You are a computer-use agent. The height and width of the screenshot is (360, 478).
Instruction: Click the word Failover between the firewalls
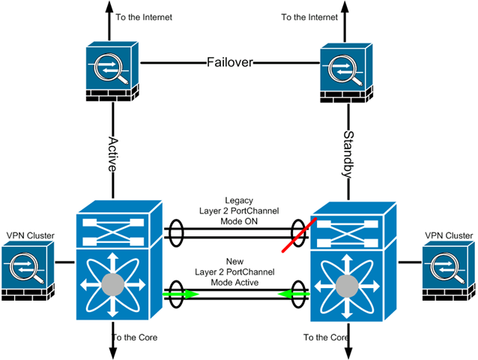[x=230, y=62]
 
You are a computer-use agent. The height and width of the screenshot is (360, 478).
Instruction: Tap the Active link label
[x=113, y=154]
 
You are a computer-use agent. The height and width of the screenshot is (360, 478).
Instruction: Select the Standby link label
[x=348, y=154]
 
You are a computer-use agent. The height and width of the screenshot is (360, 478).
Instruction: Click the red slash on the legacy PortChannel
[x=299, y=235]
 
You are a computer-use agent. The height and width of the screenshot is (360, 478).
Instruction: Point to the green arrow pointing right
[x=181, y=295]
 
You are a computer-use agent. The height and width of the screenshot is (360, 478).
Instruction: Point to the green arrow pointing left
[x=294, y=294]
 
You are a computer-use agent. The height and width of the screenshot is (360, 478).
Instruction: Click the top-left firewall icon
[x=112, y=71]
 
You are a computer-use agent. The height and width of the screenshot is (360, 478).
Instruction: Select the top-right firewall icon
[x=347, y=73]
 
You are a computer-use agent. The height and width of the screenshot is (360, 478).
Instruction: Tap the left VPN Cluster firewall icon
[x=28, y=271]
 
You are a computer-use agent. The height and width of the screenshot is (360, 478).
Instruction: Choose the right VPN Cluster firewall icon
[x=449, y=271]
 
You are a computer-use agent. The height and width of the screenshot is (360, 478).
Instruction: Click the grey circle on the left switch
[x=113, y=285]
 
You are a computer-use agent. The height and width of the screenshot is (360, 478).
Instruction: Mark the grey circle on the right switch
[x=347, y=286]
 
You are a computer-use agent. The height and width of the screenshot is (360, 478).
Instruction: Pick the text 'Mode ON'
[x=239, y=221]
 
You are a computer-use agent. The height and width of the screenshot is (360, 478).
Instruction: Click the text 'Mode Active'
[x=235, y=282]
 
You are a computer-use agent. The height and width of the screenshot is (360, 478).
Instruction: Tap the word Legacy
[x=239, y=201]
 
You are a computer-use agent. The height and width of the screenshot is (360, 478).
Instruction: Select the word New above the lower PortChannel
[x=235, y=262]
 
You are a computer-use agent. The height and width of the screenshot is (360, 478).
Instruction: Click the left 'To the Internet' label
[x=144, y=17]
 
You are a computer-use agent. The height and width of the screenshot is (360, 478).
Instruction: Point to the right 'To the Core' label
[x=326, y=337]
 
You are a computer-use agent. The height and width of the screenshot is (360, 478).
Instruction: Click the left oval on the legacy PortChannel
[x=176, y=232]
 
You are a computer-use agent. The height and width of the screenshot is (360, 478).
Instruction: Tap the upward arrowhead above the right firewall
[x=345, y=7]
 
